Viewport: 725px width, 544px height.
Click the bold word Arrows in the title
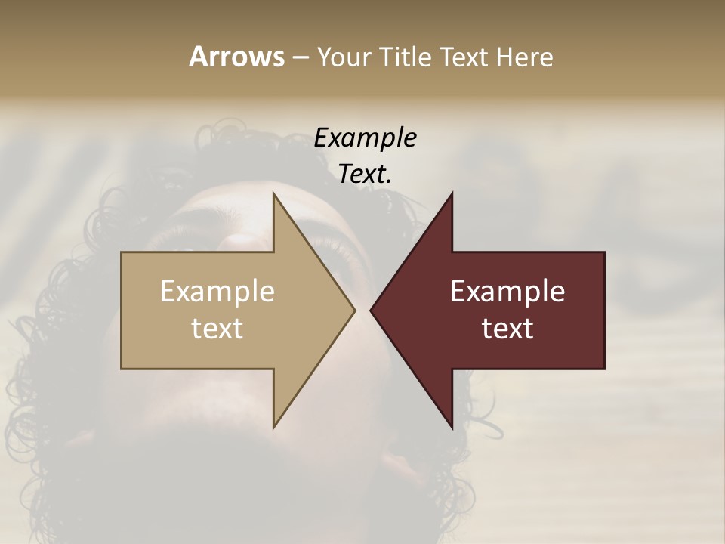[236, 57]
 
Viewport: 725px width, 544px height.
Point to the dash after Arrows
[300, 58]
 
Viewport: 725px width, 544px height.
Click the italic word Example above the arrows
[366, 138]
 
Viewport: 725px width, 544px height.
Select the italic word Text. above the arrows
[365, 174]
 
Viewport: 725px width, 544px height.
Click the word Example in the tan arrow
[217, 291]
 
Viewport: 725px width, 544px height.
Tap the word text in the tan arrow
[217, 328]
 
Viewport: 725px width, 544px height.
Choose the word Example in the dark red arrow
[507, 291]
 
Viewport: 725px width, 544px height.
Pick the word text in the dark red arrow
[507, 328]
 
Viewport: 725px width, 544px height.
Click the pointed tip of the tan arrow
[353, 310]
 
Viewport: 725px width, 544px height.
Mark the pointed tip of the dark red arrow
[372, 310]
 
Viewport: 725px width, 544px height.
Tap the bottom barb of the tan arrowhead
[275, 425]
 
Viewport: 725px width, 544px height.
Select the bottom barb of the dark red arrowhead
[450, 425]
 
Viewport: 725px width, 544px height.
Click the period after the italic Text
[389, 182]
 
